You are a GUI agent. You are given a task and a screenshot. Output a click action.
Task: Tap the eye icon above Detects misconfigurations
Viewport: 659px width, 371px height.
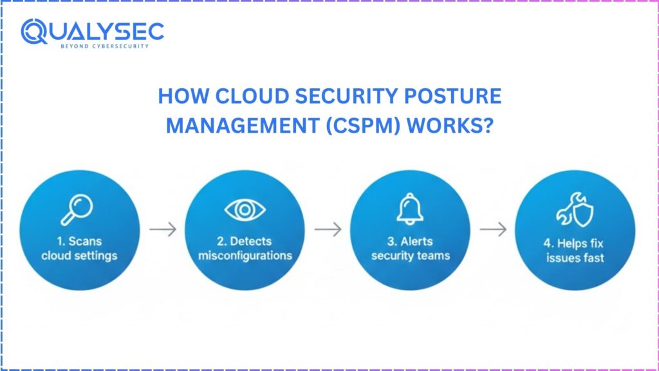[244, 209]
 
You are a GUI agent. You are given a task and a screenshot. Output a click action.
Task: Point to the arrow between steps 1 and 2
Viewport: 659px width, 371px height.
[162, 230]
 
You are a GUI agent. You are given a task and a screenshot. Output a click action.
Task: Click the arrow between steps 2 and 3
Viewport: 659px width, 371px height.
[328, 230]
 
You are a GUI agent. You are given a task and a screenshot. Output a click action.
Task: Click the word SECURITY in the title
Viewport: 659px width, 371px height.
[325, 97]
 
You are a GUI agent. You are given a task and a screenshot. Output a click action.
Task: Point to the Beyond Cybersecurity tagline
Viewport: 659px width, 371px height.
[104, 46]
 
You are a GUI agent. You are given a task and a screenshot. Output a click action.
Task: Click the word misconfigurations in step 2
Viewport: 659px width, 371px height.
[245, 256]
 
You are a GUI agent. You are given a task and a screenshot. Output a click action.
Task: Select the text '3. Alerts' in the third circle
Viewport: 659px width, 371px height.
[409, 242]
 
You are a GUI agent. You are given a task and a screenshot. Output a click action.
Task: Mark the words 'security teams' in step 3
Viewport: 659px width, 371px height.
[409, 256]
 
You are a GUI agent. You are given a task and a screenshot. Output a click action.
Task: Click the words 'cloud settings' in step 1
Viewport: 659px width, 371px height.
[80, 256]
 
